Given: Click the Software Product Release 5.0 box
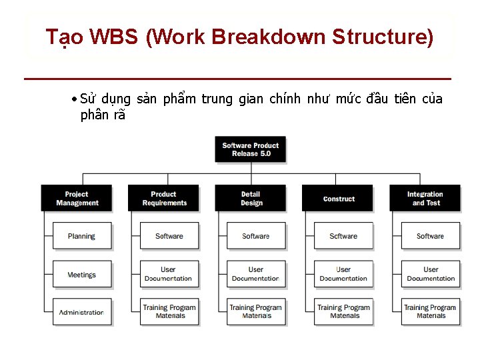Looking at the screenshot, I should pos(251,149).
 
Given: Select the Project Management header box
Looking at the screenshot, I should pos(77,199).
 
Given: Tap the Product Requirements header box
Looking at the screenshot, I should pos(164,199).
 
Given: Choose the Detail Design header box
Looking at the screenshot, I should pos(251,199).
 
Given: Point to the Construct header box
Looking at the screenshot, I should pos(339,199).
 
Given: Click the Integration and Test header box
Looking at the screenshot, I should pos(425,199).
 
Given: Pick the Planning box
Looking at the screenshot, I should pos(82,236).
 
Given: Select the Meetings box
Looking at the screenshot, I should pos(82,275).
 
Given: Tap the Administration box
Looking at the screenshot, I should pos(82,312).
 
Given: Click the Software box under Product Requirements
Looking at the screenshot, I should pos(169,236).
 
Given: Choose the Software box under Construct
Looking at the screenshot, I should pos(343,236).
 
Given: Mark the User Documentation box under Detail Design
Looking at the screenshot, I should pos(256,274).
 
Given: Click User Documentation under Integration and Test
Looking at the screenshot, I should pos(431,274).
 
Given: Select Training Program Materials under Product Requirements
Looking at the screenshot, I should pos(169,311).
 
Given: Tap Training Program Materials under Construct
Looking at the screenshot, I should pos(343,311).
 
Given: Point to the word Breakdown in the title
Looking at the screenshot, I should pos(267,37).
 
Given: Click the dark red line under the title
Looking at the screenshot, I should pos(237,79).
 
